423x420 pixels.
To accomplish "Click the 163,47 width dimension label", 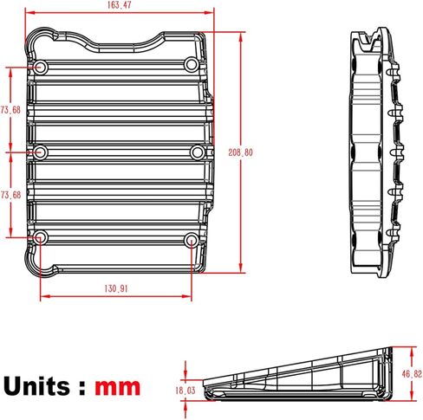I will click(x=121, y=6).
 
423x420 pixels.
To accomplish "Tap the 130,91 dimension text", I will click(x=117, y=289).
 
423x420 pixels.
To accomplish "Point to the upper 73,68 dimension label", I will click(x=10, y=110).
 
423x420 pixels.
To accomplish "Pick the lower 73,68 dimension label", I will click(x=10, y=195).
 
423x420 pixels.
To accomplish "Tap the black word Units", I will click(x=40, y=384).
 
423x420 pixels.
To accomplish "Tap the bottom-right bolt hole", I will click(x=192, y=238).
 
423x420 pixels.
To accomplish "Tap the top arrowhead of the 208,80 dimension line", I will click(x=238, y=35).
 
